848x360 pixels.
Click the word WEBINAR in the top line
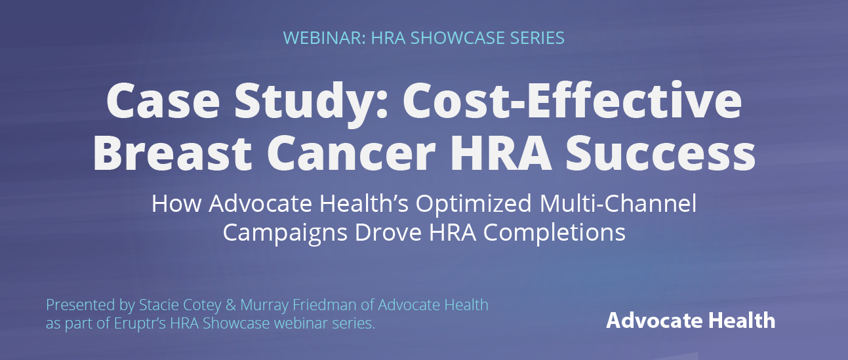325,38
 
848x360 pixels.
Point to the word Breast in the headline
172,153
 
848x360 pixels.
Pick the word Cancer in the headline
352,153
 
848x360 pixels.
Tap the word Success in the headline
660,153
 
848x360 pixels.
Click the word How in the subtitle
176,203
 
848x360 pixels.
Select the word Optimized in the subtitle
474,205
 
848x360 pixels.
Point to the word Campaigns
285,233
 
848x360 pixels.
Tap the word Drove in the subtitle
388,232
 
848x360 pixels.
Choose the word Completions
554,233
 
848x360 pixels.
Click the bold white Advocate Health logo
691,321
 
